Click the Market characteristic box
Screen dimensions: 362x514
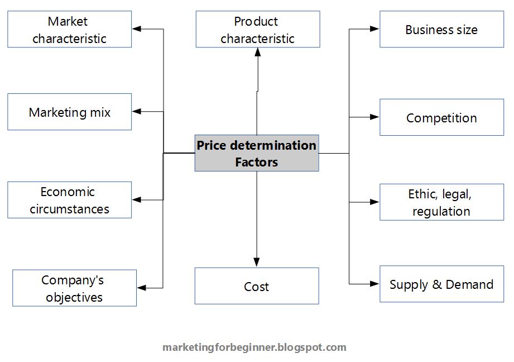pos(69,30)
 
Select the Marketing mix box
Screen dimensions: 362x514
pos(69,112)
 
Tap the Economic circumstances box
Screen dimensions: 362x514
pos(69,200)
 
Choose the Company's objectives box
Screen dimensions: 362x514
pos(74,288)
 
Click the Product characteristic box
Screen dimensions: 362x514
pos(257,30)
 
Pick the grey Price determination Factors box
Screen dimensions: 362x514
pos(257,153)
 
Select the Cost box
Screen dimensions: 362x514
pos(257,286)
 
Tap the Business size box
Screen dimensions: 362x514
pos(441,30)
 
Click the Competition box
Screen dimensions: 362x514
pos(441,118)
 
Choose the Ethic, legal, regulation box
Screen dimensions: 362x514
pos(441,202)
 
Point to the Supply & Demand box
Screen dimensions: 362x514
pos(441,284)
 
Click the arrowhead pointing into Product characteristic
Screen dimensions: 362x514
pos(257,52)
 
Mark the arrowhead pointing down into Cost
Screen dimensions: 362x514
pos(257,262)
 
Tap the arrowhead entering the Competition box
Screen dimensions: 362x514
pos(374,117)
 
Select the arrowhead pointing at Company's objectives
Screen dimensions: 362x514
pos(142,288)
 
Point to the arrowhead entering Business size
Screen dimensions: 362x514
pos(374,30)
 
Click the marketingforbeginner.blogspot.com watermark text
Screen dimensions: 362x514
pos(254,347)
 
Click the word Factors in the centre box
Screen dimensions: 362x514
pos(257,163)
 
